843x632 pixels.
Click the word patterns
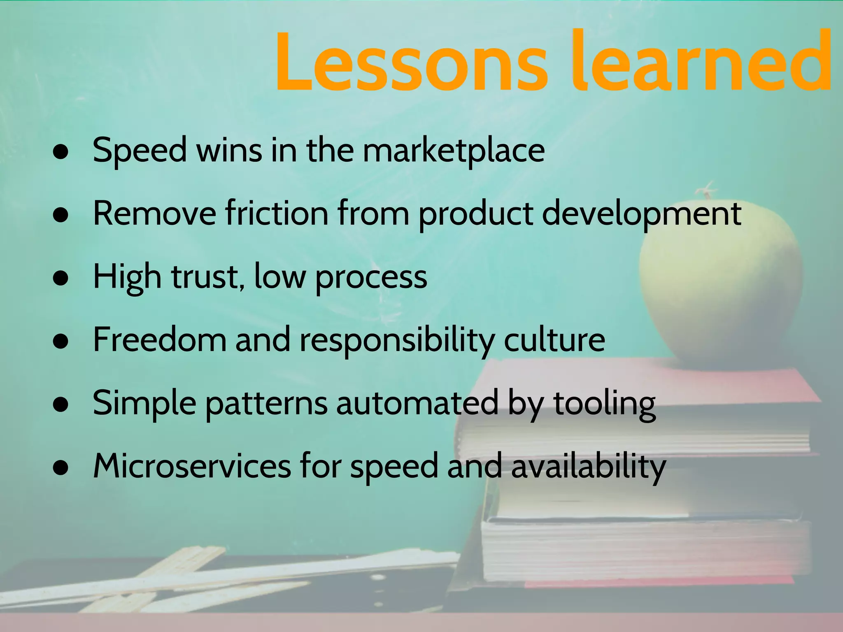click(266, 404)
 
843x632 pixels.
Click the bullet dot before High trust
click(61, 278)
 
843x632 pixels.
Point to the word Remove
click(154, 214)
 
